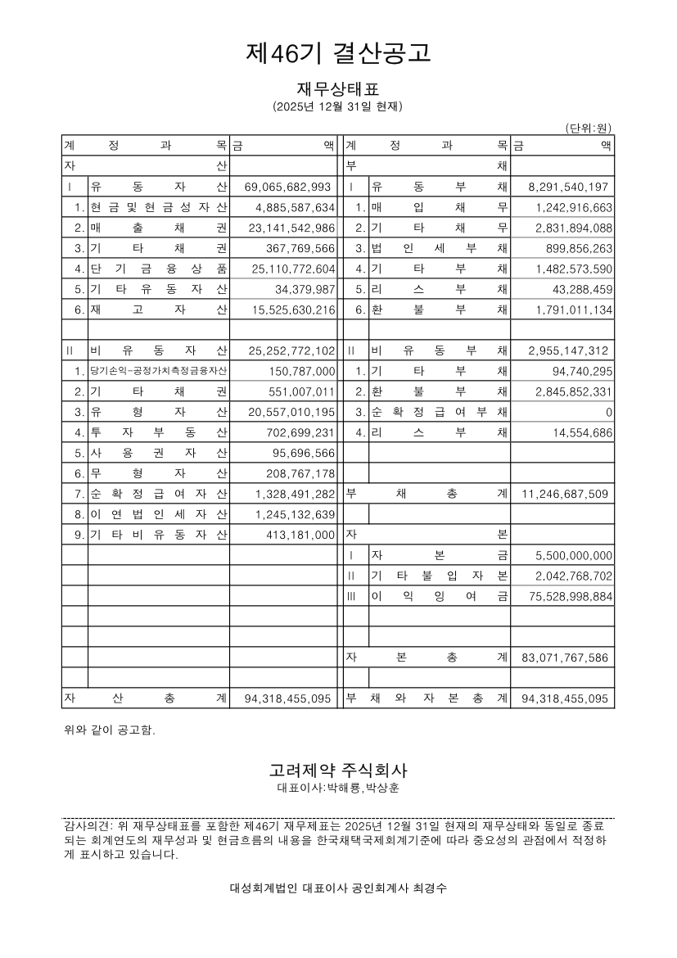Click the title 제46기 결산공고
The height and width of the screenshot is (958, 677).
tap(338, 53)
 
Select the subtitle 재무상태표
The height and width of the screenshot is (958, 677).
tap(338, 88)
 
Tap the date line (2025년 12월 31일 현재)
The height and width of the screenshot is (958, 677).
tap(338, 107)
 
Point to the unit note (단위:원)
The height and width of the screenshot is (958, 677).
tap(589, 128)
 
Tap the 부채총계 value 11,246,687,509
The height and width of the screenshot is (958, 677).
tap(563, 495)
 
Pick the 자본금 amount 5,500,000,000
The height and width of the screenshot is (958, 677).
tap(574, 556)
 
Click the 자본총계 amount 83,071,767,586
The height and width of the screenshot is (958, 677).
tap(563, 658)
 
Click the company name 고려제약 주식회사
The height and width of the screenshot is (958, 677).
tap(338, 770)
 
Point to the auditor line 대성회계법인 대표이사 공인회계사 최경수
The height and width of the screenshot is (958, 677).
tap(338, 888)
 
